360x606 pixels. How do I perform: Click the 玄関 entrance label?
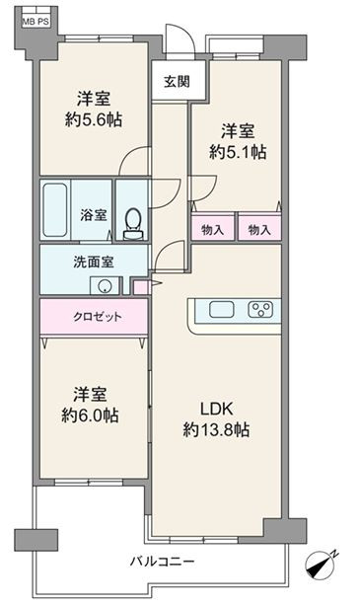pos(177,82)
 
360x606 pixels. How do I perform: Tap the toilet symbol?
pos(133,224)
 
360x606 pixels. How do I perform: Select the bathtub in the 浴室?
pos(54,210)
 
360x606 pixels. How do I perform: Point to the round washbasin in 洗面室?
pos(105,286)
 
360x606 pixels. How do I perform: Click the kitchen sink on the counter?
pos(222,310)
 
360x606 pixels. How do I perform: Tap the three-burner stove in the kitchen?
pos(260,310)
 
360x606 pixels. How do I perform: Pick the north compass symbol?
pos(321,565)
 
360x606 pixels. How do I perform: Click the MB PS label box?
pos(36,22)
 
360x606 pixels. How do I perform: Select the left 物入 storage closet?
pos(213,228)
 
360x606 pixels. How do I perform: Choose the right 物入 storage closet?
pos(259,228)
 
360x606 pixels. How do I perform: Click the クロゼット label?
pos(98,317)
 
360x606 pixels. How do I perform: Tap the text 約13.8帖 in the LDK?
pos(216,429)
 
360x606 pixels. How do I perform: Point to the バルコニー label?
pos(162,561)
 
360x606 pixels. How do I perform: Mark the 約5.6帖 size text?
pos(94,119)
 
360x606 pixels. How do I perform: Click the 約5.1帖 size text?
pos(238,152)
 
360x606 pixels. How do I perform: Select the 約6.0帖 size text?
pos(90,416)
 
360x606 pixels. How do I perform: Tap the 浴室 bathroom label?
pos(94,215)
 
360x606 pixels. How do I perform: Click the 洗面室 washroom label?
pos(94,262)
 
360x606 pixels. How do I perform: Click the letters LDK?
pos(216,409)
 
